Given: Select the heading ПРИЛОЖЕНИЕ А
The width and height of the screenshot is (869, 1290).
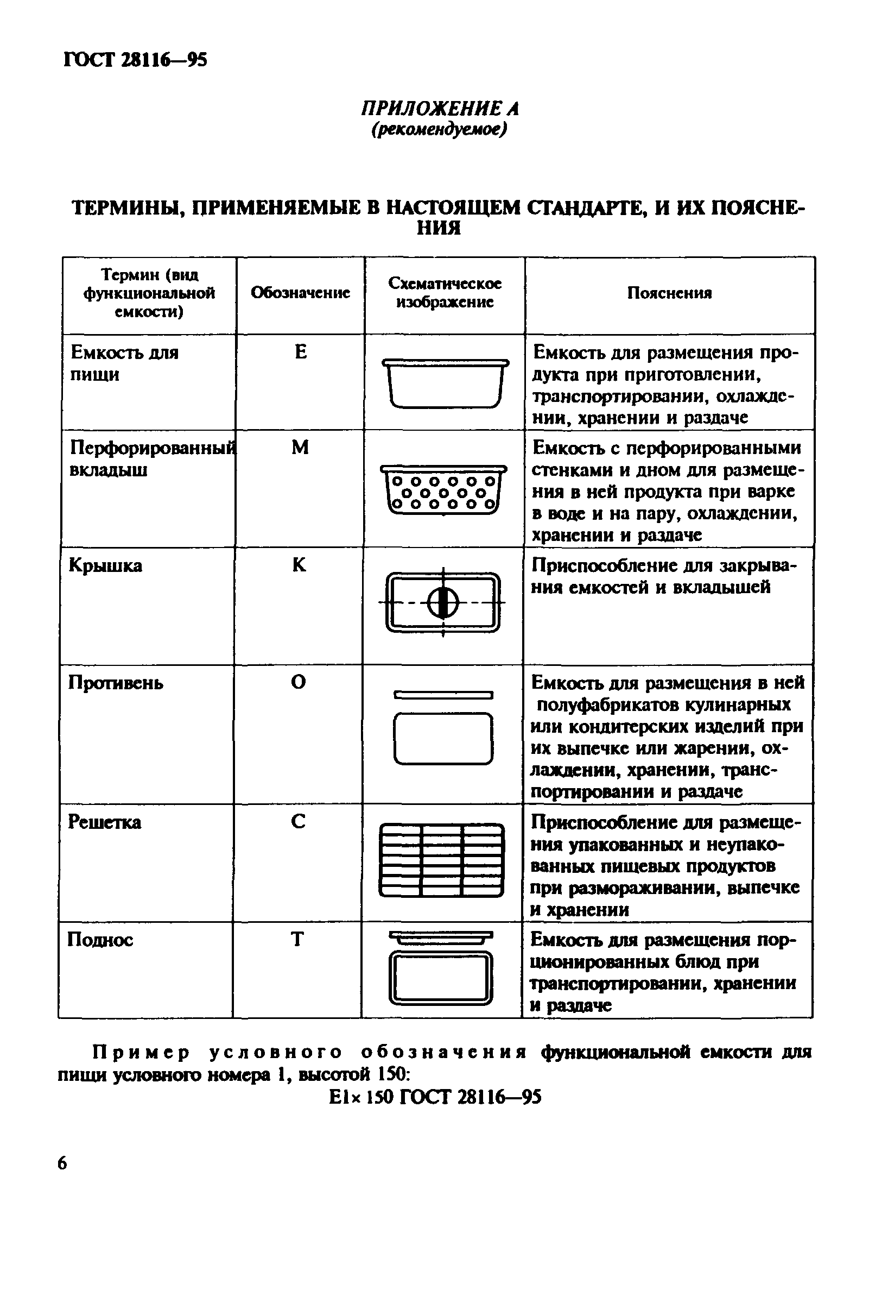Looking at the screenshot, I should click(440, 109).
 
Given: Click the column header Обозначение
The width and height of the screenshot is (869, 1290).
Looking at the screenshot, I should click(300, 293).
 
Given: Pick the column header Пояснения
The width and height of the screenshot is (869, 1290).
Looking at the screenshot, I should click(669, 293).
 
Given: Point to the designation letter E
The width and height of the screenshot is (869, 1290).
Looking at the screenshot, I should click(300, 351).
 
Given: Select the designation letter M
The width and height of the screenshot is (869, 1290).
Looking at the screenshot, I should click(300, 447).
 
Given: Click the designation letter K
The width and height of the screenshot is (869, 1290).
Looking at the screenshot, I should click(299, 564).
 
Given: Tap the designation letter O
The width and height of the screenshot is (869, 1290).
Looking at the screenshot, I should click(298, 682).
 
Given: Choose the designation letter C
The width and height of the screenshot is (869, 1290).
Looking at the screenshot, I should click(297, 821).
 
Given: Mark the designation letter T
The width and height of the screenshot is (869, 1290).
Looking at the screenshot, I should click(297, 940).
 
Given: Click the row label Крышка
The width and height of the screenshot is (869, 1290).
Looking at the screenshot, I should click(105, 565).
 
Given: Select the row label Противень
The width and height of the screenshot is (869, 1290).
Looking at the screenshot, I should click(115, 683).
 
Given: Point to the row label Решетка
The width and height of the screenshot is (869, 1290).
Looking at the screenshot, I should click(104, 822).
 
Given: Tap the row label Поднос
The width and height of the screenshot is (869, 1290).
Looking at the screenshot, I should click(100, 940).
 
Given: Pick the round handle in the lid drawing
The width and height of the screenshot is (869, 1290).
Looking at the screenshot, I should click(443, 603).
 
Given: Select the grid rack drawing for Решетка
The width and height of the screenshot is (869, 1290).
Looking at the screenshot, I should click(442, 860).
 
